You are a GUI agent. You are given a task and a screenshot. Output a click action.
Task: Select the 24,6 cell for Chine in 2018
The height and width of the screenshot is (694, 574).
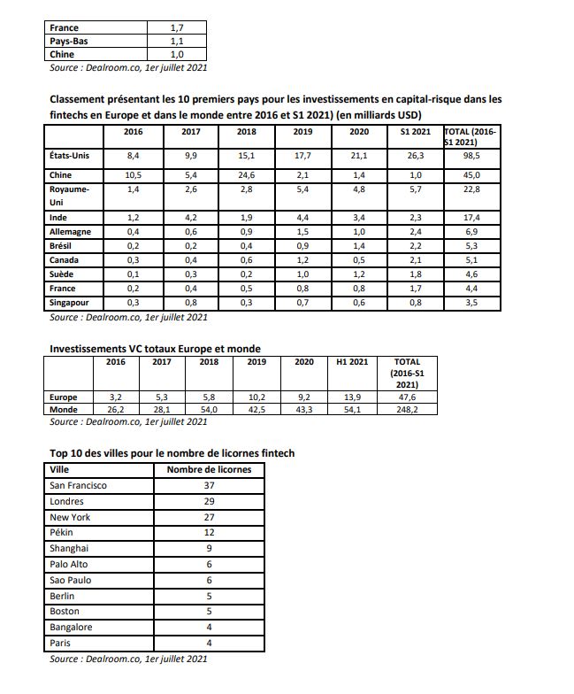tap(247, 175)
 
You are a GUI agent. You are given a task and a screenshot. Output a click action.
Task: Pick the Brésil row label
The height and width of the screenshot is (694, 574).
tap(61, 245)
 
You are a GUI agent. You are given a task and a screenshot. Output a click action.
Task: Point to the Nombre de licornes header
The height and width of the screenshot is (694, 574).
tap(209, 469)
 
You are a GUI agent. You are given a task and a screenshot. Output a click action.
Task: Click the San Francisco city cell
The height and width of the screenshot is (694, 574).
tap(79, 485)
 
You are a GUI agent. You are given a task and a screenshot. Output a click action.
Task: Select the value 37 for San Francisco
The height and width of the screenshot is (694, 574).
tap(209, 485)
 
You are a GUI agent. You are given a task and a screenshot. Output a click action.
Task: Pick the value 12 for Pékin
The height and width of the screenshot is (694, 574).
tap(209, 533)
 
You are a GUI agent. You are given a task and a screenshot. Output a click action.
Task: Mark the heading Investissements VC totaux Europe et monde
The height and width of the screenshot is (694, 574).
tap(155, 349)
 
